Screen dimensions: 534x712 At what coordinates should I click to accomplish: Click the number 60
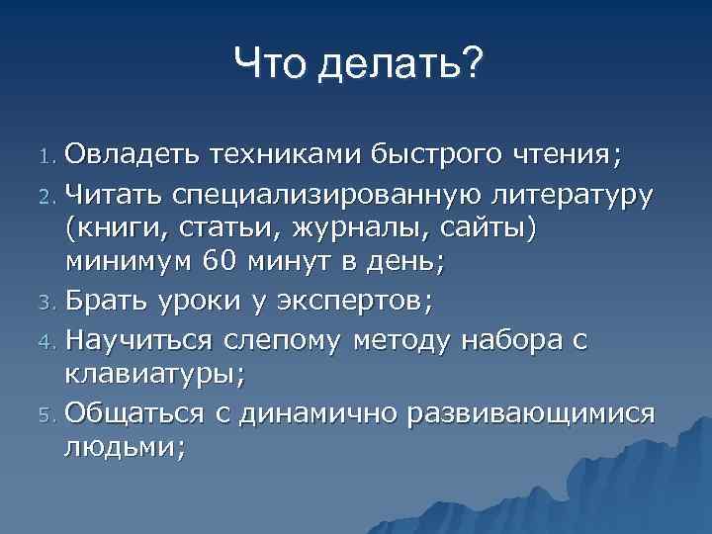(220, 263)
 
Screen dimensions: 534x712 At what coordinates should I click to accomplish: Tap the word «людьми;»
(124, 446)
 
